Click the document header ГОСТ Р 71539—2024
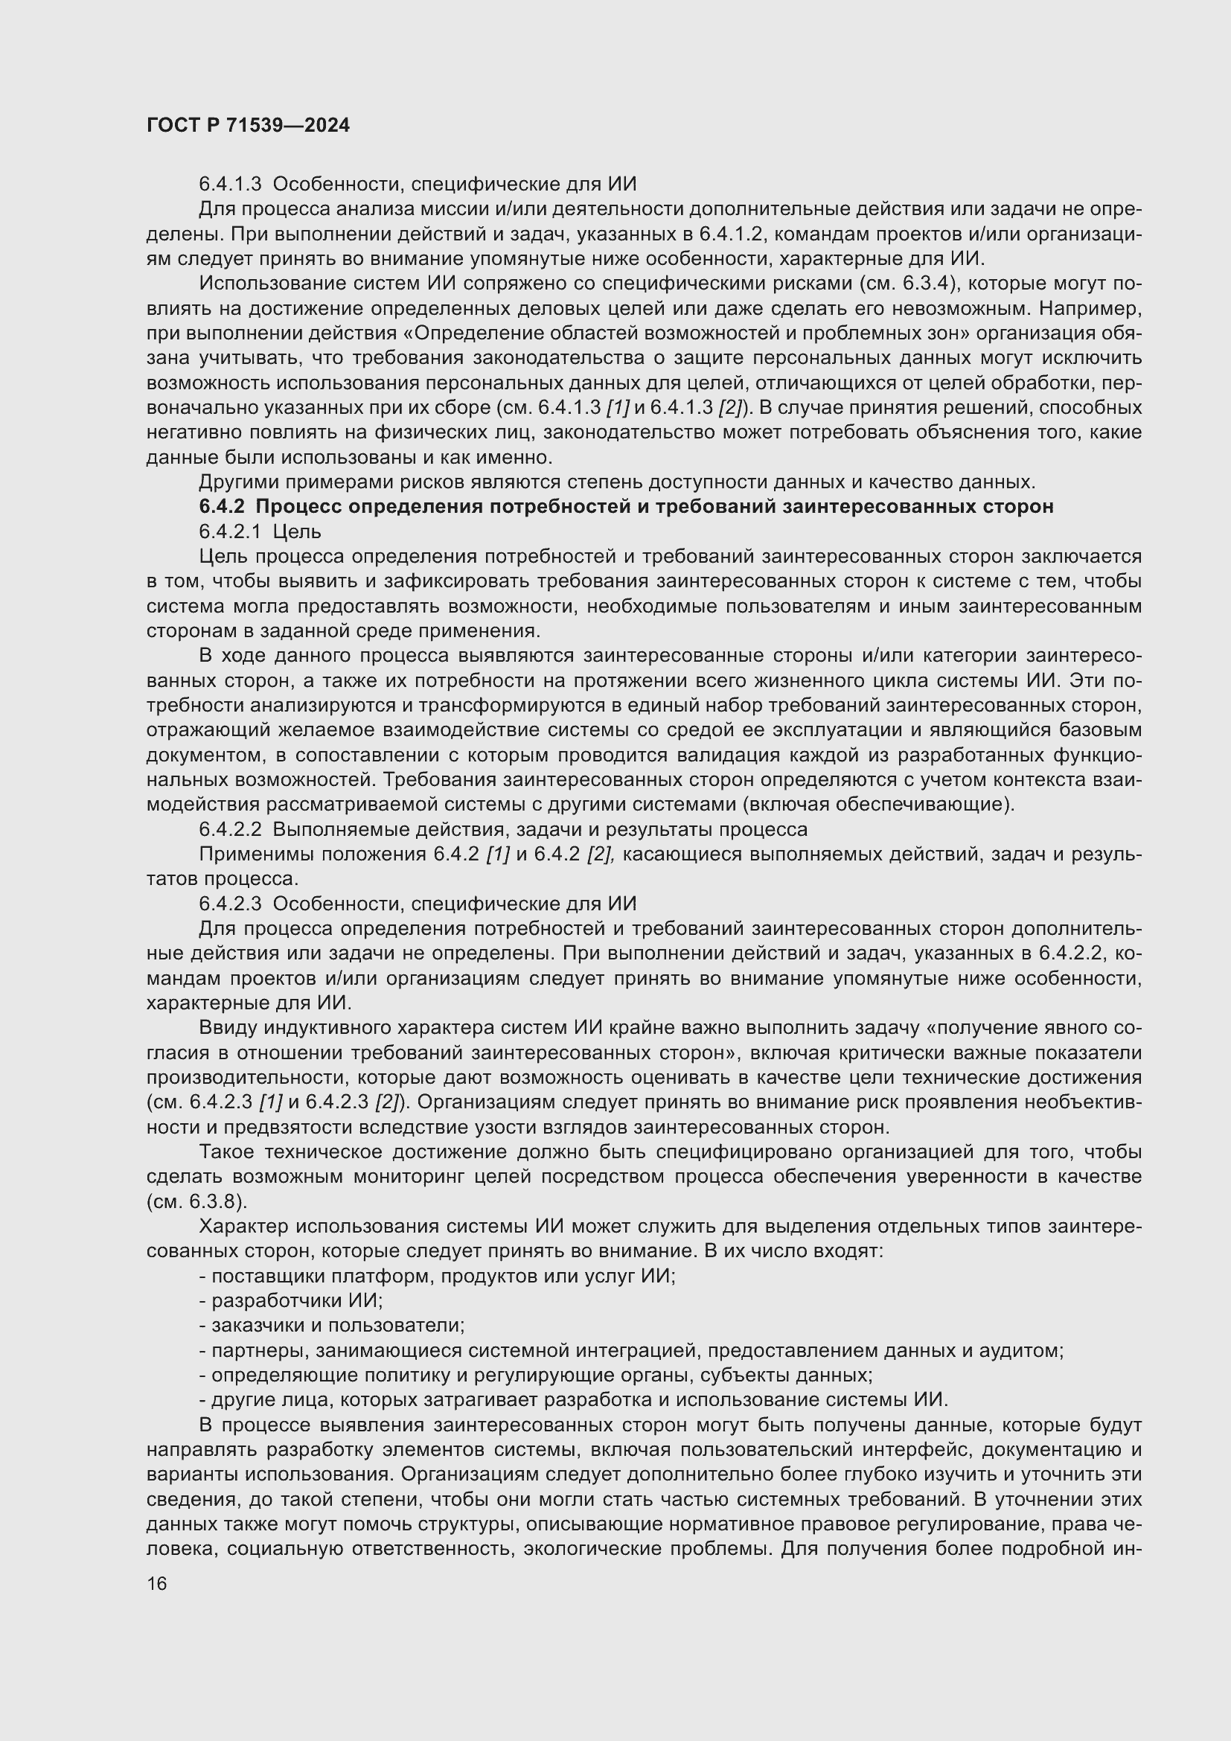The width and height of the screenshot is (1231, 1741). click(248, 125)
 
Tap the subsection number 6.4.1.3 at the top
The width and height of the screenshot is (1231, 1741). click(230, 184)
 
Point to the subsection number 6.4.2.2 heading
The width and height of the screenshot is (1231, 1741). click(230, 828)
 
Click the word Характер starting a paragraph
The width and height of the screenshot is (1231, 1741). click(243, 1226)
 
